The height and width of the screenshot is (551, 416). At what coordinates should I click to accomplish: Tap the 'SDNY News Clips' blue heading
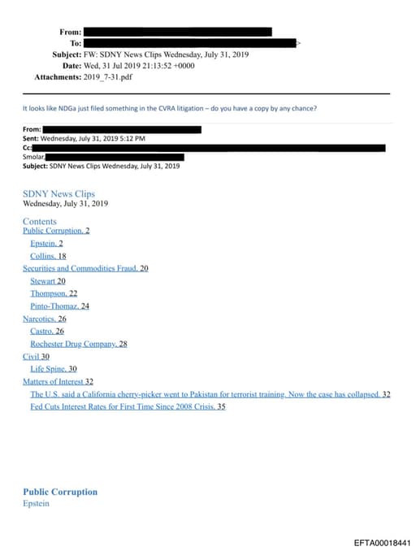pos(58,194)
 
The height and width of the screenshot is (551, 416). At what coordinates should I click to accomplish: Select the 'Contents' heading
pos(40,221)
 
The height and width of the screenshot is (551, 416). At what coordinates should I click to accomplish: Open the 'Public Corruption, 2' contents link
pos(56,231)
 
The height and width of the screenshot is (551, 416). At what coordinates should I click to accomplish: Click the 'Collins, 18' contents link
pos(48,256)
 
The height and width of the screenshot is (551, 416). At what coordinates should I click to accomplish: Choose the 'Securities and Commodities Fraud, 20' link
pos(85,268)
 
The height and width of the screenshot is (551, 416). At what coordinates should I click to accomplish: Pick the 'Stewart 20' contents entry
pos(48,281)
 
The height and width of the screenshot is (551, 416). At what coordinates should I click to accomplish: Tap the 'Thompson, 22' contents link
pos(54,293)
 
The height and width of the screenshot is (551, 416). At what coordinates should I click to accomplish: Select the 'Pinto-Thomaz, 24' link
pos(59,306)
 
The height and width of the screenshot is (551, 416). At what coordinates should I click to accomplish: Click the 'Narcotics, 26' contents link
pos(45,319)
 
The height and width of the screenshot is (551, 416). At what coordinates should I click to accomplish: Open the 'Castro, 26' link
pos(47,332)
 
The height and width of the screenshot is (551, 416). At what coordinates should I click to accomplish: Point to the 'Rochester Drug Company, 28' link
pos(79,344)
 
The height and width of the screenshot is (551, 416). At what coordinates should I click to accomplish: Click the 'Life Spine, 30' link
pos(54,369)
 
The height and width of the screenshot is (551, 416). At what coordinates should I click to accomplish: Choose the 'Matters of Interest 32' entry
pos(58,381)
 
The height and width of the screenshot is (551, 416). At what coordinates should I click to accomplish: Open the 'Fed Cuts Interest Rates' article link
pos(128,406)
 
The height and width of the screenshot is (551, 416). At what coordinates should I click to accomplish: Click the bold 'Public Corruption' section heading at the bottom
pos(60,492)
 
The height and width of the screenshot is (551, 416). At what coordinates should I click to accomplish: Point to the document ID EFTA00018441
pos(382,542)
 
